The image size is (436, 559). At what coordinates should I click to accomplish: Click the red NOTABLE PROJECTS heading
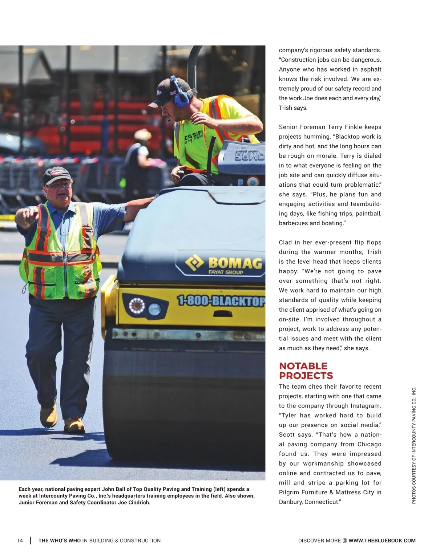(x=306, y=371)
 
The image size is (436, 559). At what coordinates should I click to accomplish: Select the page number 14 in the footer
(x=20, y=540)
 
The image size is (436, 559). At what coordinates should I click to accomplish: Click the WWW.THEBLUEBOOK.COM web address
(x=382, y=540)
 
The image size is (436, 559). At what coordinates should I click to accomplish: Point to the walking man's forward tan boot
(x=74, y=425)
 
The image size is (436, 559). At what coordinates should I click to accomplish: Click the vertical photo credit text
(x=413, y=445)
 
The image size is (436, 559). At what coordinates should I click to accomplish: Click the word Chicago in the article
(x=369, y=444)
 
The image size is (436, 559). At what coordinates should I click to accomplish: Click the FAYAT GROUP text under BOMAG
(x=226, y=272)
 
